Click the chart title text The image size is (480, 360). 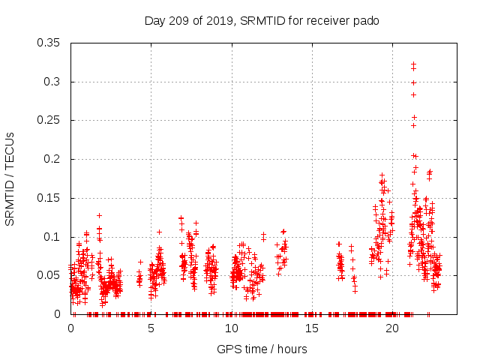[261, 21]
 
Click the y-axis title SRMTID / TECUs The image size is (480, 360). [10, 179]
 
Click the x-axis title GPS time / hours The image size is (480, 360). [262, 349]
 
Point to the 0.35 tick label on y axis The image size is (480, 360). [49, 43]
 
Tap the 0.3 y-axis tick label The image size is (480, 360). [52, 82]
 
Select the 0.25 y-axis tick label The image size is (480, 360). [49, 120]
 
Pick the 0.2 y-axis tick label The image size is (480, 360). [52, 159]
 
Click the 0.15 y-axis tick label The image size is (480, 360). [49, 198]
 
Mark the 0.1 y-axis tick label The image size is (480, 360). [52, 237]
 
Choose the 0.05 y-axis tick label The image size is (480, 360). [49, 275]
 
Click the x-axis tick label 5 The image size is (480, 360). [151, 328]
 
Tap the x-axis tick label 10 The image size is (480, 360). [232, 328]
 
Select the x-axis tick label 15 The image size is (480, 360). [312, 328]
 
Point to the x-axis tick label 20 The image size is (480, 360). [392, 328]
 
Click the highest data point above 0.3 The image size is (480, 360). [413, 64]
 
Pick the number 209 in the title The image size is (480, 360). [181, 21]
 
